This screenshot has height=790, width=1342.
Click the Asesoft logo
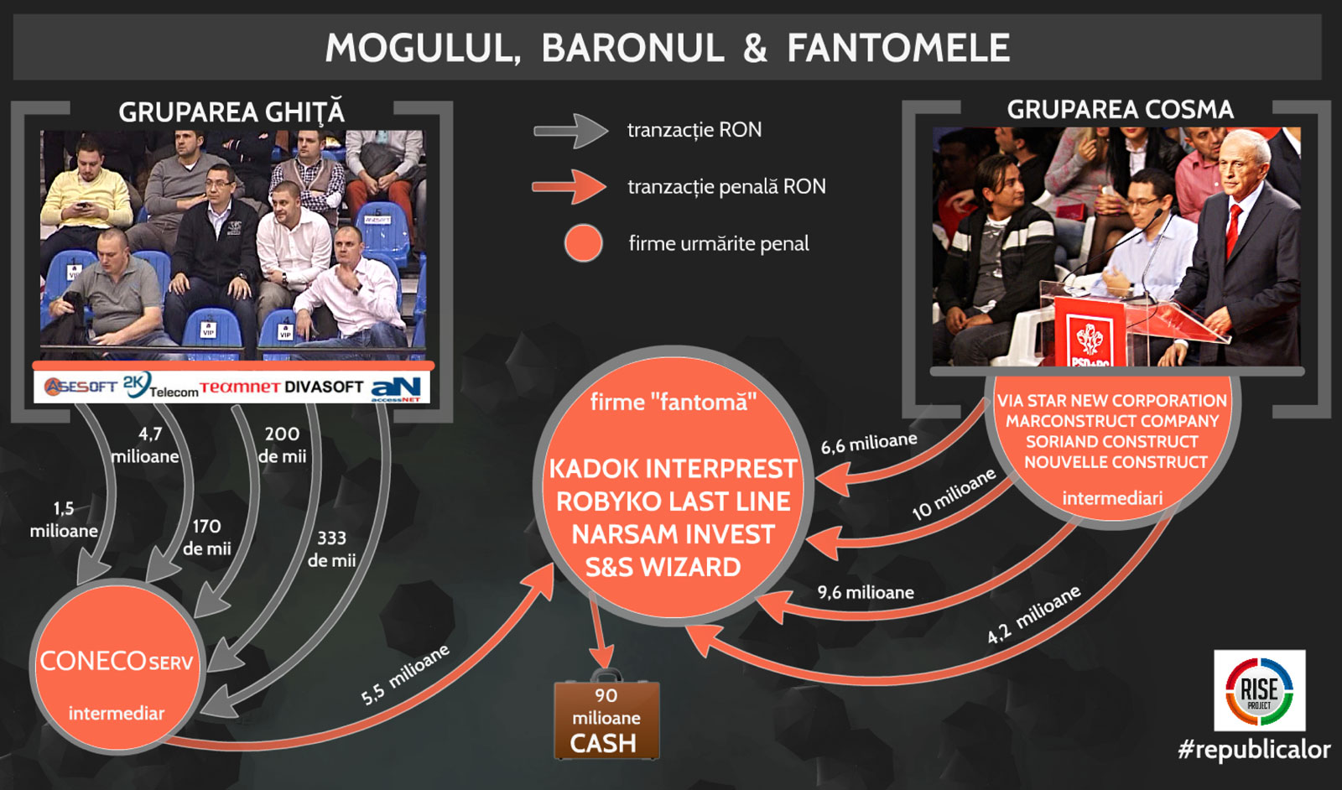pos(81,387)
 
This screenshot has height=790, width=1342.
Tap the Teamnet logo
pos(240,387)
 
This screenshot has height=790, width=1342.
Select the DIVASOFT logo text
pos(324,387)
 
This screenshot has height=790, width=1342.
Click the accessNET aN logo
pos(396,389)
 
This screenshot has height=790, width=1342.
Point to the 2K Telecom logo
pos(160,386)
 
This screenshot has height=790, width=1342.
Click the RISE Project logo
pos(1259,690)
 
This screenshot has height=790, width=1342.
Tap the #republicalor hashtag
pos(1254,749)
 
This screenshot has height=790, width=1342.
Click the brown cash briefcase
pos(606,715)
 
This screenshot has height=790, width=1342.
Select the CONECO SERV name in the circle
pos(117,661)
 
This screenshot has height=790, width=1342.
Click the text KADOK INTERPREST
pos(673,468)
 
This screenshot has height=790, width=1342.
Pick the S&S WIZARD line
pos(663,567)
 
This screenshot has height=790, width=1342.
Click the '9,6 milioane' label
pos(866,592)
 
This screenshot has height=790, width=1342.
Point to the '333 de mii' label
pos(331,548)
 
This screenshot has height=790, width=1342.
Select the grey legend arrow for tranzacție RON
pos(571,131)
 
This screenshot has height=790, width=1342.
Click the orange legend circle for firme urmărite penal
pos(583,243)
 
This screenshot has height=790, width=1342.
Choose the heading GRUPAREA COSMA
pos(1120,110)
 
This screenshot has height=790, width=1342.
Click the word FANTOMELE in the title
pos(898,48)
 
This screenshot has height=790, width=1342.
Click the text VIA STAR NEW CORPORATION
pos(1111,400)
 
